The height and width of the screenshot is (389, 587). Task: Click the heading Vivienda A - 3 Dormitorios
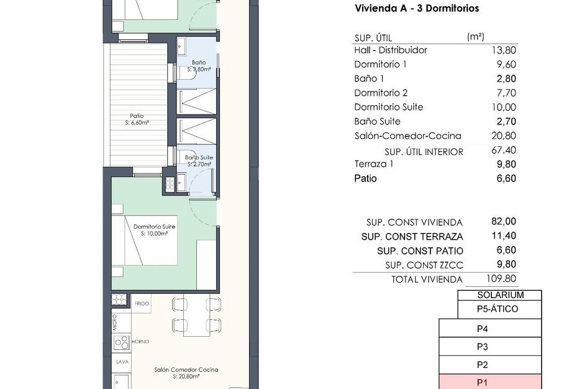[x=416, y=9]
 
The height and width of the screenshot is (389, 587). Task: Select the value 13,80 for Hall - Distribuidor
[x=504, y=50]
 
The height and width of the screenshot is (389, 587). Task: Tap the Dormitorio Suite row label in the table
[x=388, y=107]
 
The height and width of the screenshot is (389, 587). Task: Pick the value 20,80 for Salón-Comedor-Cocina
[x=504, y=136]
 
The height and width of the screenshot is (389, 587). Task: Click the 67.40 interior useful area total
[x=504, y=150]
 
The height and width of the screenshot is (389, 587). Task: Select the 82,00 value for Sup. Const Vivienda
[x=504, y=222]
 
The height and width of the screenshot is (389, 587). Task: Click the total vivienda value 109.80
[x=501, y=279]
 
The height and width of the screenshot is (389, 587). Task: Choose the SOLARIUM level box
[x=500, y=296]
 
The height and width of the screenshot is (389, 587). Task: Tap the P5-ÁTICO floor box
[x=496, y=309]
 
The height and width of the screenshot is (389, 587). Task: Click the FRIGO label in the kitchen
[x=142, y=302]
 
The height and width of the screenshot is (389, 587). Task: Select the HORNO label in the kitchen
[x=140, y=342]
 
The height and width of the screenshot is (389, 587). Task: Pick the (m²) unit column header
[x=475, y=37]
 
